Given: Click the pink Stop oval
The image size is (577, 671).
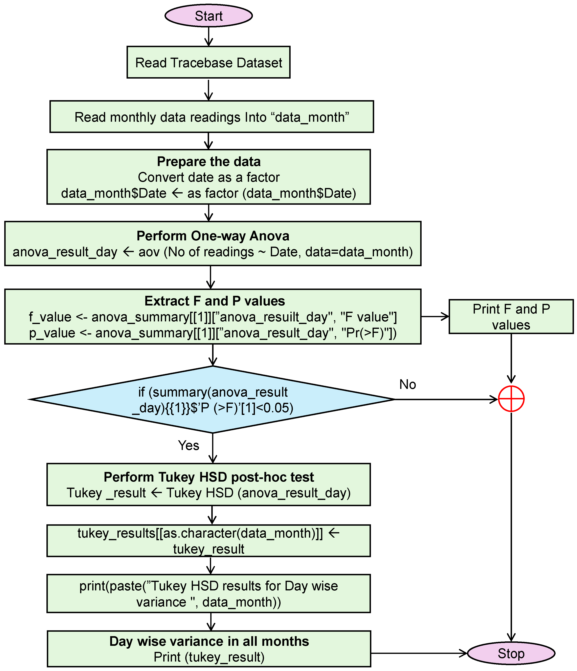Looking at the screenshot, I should point(511,653).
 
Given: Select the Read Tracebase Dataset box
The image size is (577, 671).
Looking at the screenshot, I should point(208,62).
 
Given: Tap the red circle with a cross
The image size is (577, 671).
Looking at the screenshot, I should point(511,399).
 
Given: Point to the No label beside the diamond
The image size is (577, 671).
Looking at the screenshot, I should point(408,384).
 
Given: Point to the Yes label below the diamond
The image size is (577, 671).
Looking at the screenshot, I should point(188,445).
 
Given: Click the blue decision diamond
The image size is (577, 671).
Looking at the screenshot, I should point(213,400).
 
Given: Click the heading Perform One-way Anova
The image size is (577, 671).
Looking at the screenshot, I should point(213,236).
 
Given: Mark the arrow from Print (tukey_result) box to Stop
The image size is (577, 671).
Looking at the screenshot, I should point(418,653).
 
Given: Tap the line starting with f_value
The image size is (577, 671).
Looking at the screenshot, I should point(213,317).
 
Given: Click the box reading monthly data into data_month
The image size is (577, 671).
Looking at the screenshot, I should point(212,117).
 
